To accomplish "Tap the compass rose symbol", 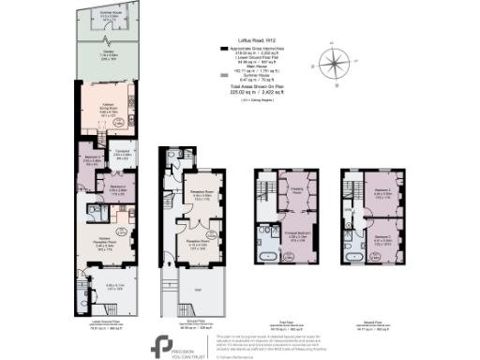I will point(333,65).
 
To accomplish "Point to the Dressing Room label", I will point(297,190).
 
